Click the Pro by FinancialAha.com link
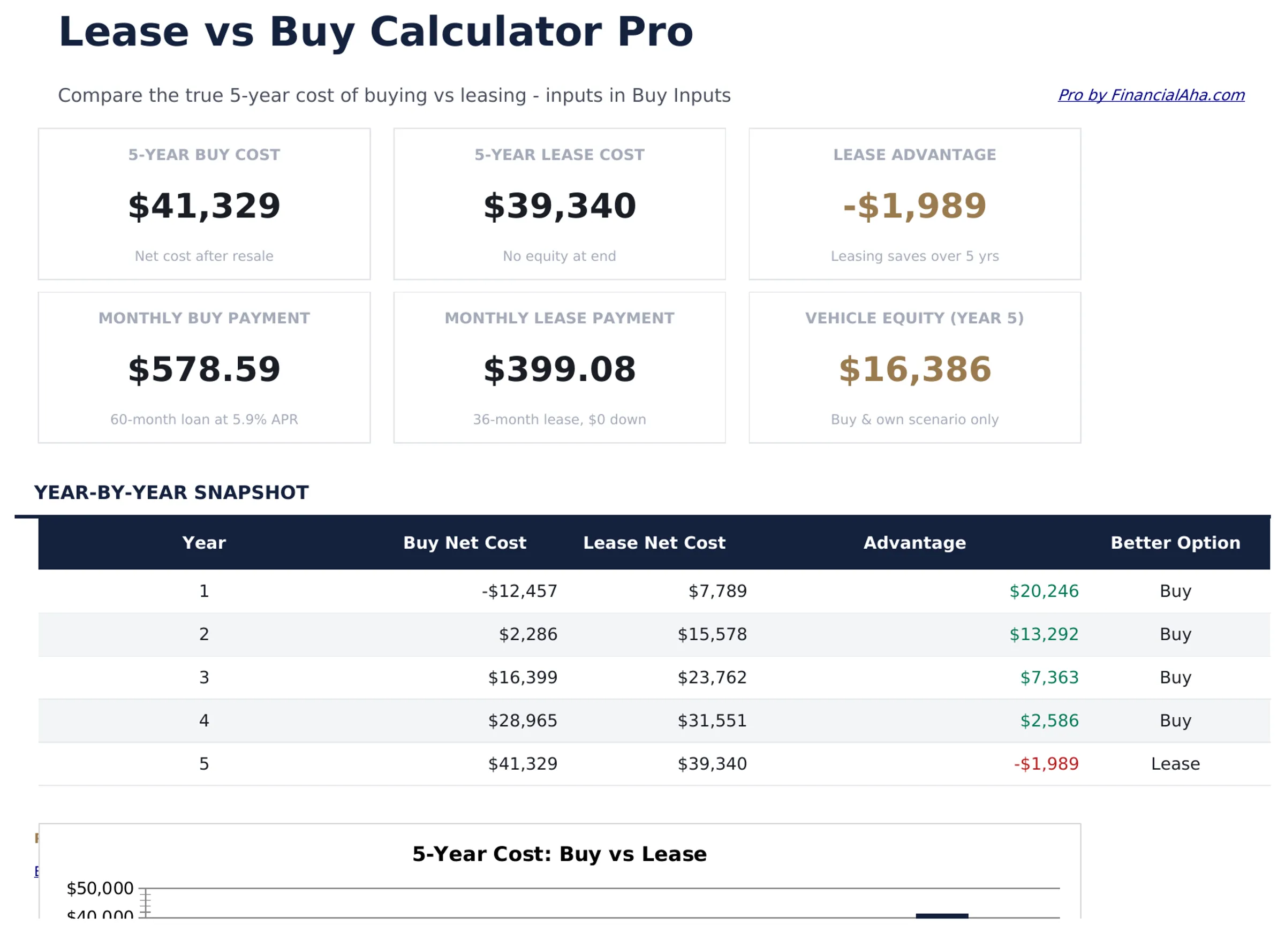(x=1151, y=95)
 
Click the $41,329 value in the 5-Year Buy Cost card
(x=204, y=206)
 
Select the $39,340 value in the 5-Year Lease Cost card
(x=559, y=206)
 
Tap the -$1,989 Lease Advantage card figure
(x=914, y=206)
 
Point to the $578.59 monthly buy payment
(x=204, y=369)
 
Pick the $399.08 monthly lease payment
(x=559, y=369)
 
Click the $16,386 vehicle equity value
(x=914, y=369)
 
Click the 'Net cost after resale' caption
(x=204, y=256)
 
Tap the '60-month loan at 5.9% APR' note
(x=204, y=419)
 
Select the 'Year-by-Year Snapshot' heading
(x=171, y=492)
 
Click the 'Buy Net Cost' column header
(x=465, y=543)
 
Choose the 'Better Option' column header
(x=1175, y=543)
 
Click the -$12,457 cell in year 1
(x=519, y=591)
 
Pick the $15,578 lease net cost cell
(x=712, y=634)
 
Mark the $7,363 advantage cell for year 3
(x=1049, y=677)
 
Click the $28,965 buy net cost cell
(x=523, y=720)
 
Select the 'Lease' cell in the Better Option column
(x=1175, y=764)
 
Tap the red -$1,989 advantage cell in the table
(x=1046, y=764)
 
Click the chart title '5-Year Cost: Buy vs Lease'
(x=559, y=854)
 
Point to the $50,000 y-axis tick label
(x=100, y=888)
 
